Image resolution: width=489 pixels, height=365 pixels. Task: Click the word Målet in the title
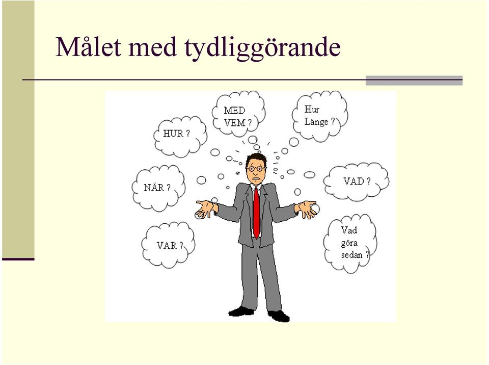88,47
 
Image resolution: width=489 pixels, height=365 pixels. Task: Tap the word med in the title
152,47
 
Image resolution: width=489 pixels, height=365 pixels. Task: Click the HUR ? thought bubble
180,137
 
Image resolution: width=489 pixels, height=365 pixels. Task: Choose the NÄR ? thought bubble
158,188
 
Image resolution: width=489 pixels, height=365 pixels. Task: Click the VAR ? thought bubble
169,245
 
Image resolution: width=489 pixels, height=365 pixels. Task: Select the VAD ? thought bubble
356,181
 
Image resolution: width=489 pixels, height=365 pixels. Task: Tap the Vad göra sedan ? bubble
350,244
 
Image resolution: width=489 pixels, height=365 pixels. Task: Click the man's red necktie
256,213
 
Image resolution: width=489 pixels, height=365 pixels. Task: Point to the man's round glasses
256,169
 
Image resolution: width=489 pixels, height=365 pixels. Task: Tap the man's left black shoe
241,311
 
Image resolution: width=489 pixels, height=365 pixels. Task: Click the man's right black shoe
279,316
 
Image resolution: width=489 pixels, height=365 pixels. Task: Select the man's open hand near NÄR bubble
205,209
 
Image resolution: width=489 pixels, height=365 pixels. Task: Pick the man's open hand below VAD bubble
308,209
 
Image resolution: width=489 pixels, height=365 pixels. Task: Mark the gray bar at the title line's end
414,80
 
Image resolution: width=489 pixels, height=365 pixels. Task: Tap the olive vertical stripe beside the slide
18,129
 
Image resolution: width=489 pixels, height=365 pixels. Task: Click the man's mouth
256,179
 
